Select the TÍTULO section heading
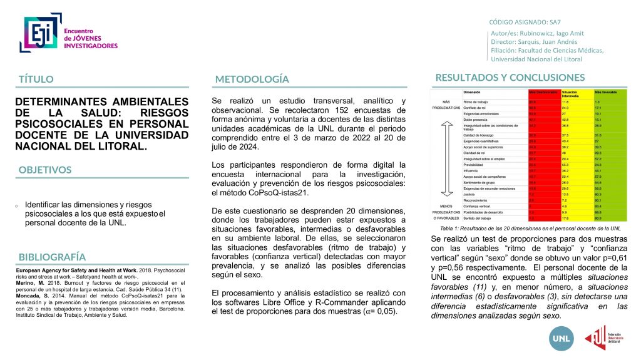click(x=36, y=80)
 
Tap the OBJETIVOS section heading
click(x=45, y=170)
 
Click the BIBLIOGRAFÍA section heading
click(x=52, y=257)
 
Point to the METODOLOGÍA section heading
click(x=252, y=80)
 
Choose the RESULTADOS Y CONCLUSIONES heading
click(x=510, y=78)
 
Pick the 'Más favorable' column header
click(x=605, y=92)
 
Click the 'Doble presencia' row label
click(x=478, y=119)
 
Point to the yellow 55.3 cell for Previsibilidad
click(x=567, y=165)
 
